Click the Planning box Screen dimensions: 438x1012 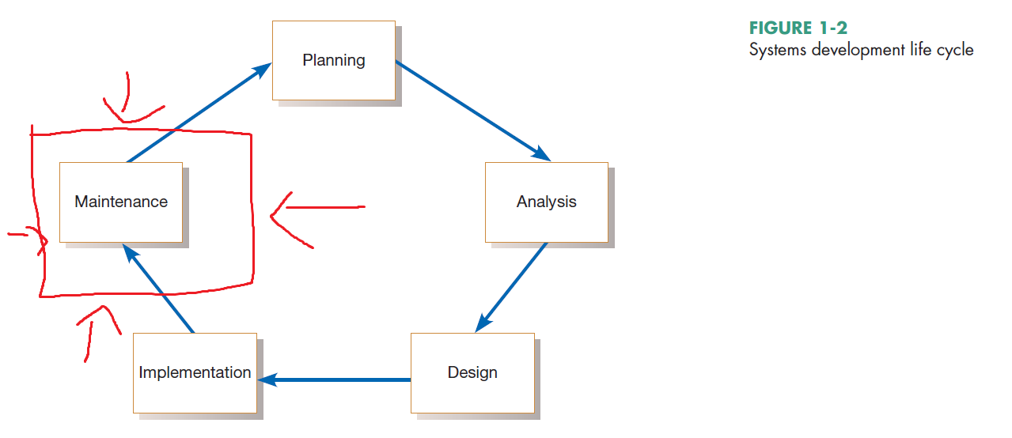click(x=333, y=60)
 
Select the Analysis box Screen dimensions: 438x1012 click(x=546, y=202)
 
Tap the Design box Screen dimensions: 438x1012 click(x=472, y=372)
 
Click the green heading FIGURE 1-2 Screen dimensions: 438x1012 click(x=798, y=29)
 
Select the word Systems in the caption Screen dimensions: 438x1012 click(x=776, y=50)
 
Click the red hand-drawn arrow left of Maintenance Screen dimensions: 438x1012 click(x=28, y=235)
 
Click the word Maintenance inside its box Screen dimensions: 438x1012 click(x=121, y=202)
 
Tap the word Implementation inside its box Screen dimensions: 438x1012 click(x=195, y=372)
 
